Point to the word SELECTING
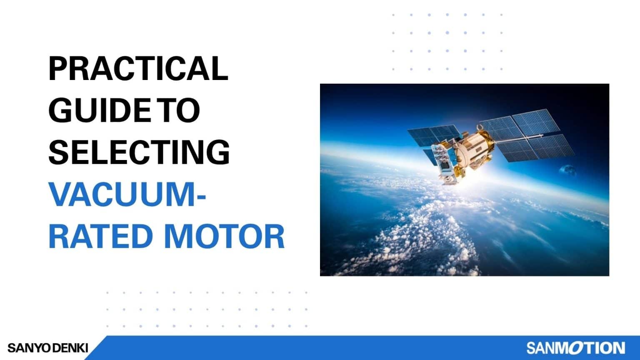[139, 152]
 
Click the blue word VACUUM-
[127, 194]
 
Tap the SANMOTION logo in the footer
[575, 348]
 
